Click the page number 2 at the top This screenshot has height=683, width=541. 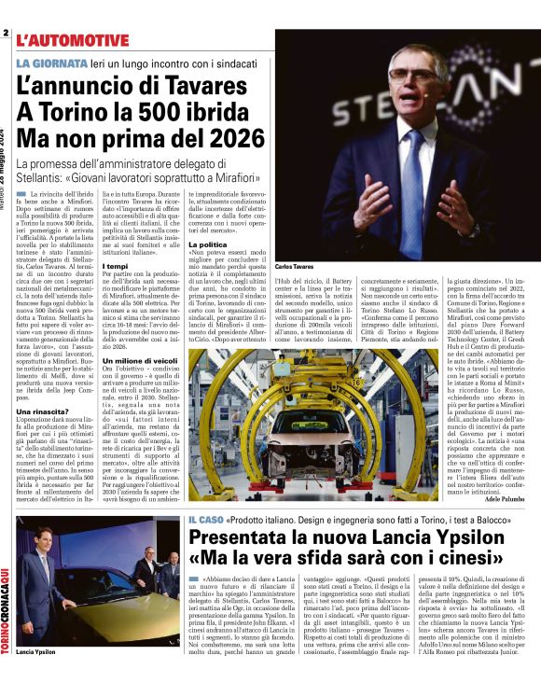(x=6, y=35)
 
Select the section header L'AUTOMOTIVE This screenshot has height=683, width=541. (x=73, y=40)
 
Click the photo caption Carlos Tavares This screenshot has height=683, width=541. (x=295, y=267)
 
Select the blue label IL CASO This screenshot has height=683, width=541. (x=205, y=519)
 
